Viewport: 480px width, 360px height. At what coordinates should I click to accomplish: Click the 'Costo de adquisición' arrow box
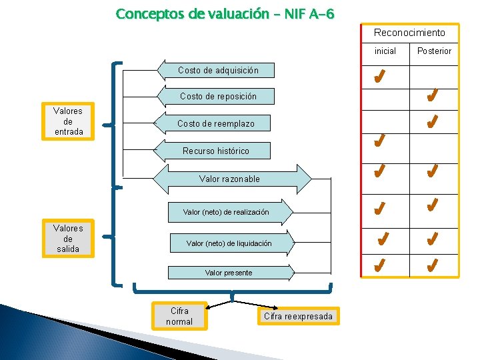[x=218, y=70]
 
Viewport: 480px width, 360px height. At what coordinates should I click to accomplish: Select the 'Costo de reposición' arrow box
[x=218, y=97]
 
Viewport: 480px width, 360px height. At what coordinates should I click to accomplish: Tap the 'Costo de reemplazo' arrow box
[x=215, y=124]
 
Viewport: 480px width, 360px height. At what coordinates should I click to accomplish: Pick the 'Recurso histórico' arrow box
[x=216, y=151]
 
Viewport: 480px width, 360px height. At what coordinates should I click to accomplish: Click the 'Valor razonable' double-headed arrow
[x=230, y=179]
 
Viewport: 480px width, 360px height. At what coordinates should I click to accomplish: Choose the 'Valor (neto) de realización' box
[x=227, y=212]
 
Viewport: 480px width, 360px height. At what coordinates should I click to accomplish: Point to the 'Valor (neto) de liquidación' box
[x=229, y=243]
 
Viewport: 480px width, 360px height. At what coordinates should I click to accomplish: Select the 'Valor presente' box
[x=229, y=272]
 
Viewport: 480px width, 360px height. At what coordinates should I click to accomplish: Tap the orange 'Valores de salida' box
[x=68, y=239]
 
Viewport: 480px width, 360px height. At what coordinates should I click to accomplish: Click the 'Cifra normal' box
[x=179, y=317]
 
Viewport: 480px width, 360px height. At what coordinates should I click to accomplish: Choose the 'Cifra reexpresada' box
[x=298, y=317]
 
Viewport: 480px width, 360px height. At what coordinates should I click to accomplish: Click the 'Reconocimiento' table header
[x=409, y=33]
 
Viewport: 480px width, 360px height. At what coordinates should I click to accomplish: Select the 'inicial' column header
[x=385, y=51]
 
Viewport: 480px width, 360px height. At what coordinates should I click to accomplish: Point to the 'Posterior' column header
[x=434, y=51]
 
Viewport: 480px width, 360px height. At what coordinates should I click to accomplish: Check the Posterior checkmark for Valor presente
[x=432, y=266]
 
